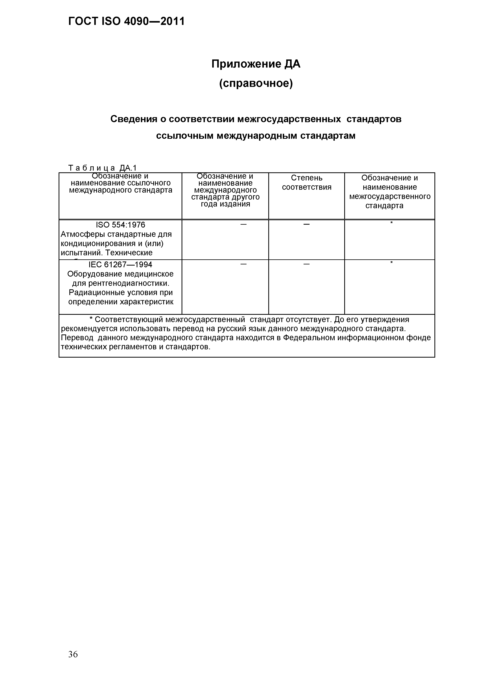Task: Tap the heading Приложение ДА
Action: click(256, 64)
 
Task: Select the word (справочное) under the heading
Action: click(256, 84)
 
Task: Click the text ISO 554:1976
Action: click(120, 225)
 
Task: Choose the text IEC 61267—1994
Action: click(120, 265)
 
